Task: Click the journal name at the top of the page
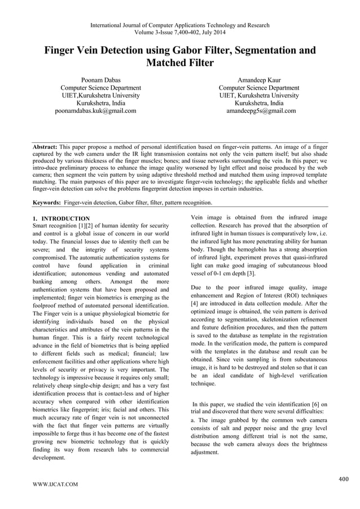click(x=180, y=25)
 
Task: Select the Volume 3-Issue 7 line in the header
click(x=180, y=33)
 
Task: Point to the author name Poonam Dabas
click(x=101, y=80)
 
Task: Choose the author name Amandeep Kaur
click(x=260, y=80)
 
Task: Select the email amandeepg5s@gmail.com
click(x=260, y=111)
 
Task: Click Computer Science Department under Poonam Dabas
click(x=100, y=88)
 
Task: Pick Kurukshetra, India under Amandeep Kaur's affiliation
click(x=259, y=103)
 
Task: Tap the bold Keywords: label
click(x=47, y=202)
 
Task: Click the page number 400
click(x=343, y=480)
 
